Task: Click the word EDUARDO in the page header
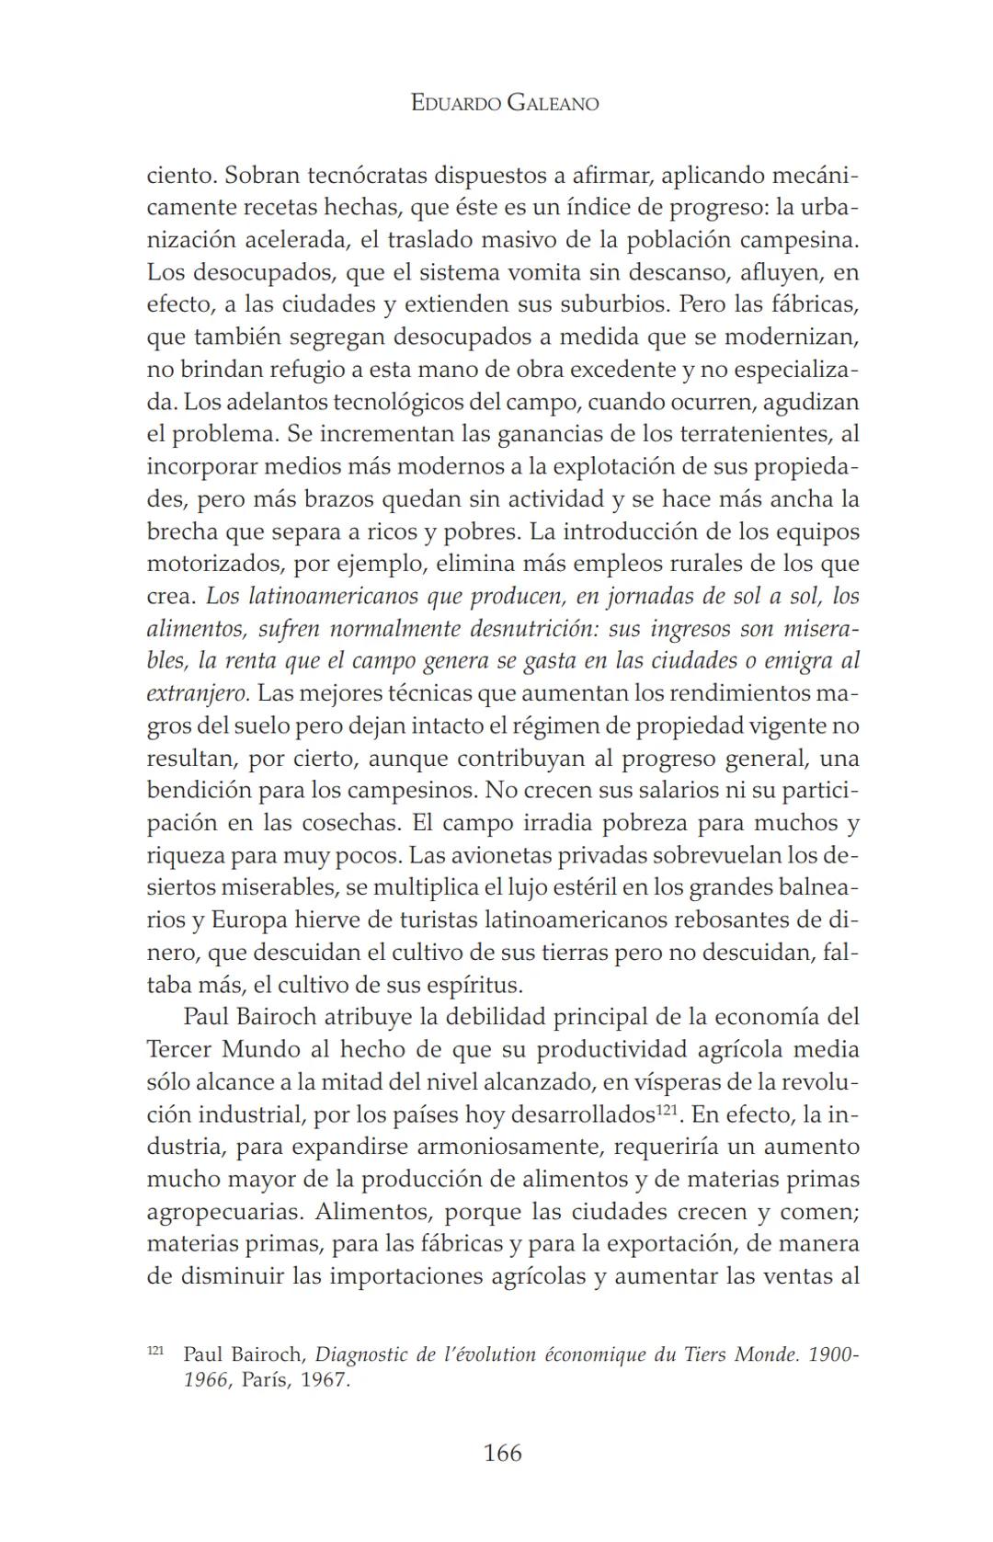455,103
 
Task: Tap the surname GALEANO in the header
553,103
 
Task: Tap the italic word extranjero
198,693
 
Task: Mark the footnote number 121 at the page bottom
155,1352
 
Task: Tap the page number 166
502,1453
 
